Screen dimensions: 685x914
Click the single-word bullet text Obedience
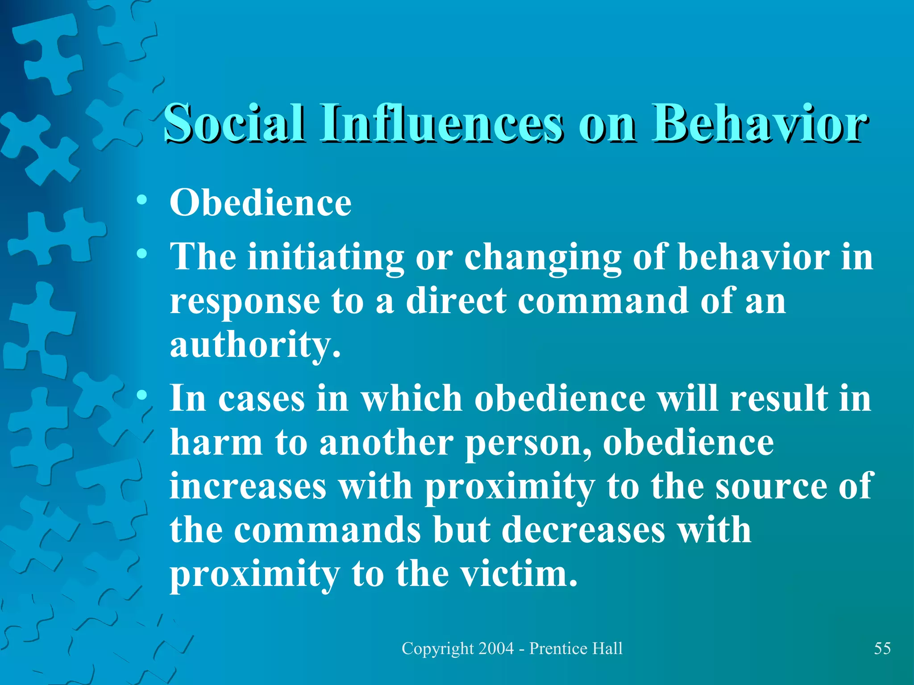tap(261, 203)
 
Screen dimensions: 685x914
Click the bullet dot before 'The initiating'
tap(142, 254)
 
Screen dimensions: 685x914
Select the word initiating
tap(326, 258)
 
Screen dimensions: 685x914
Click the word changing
tap(543, 258)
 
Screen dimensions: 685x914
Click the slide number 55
tap(882, 648)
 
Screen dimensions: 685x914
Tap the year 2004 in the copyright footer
tap(496, 648)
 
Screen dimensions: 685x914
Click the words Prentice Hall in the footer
tap(576, 648)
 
